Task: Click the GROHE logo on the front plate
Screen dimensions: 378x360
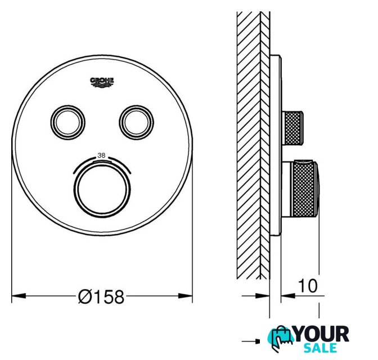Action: [102, 82]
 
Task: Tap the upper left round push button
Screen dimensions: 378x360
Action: [67, 122]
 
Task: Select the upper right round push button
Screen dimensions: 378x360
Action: [136, 122]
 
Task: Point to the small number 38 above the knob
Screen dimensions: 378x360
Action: [101, 155]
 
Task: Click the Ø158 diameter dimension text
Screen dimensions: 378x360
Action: [101, 296]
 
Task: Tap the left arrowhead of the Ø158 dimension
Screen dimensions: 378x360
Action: [19, 296]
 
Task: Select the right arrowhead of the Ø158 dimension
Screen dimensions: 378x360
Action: [186, 296]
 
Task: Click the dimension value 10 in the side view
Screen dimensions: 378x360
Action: [308, 286]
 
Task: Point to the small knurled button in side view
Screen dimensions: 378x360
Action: [292, 128]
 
